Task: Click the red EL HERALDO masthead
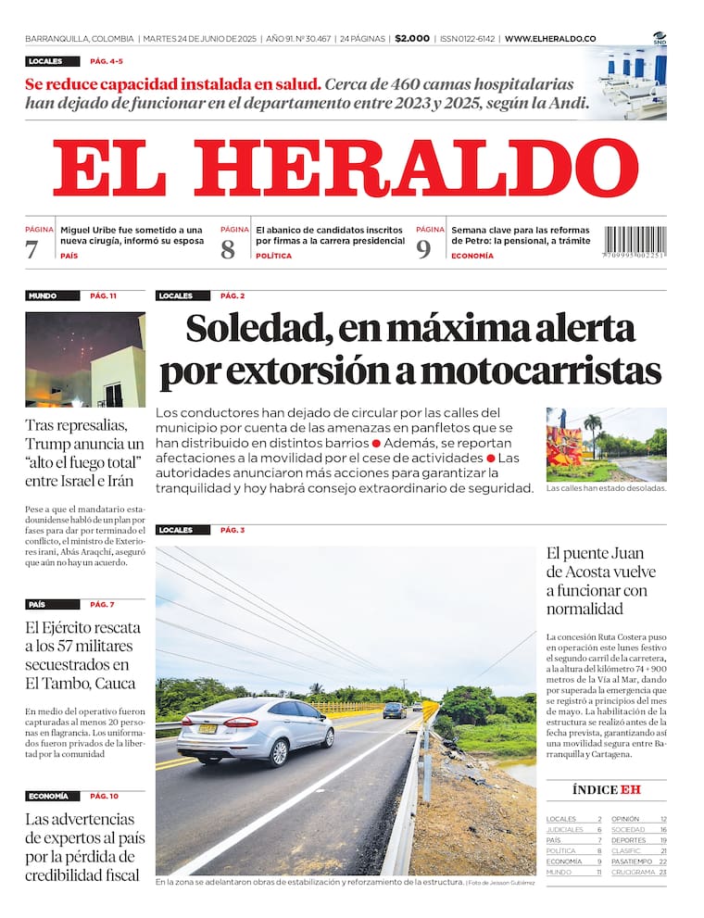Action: [x=345, y=169]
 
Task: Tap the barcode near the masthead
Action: [x=635, y=243]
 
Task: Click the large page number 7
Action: [x=32, y=249]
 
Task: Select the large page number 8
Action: [x=228, y=249]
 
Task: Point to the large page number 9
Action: [x=423, y=249]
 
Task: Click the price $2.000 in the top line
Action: [x=412, y=39]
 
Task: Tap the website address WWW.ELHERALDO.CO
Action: [x=550, y=39]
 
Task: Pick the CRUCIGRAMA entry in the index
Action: [x=634, y=872]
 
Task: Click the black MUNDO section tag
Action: [x=43, y=296]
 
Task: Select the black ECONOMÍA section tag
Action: [x=48, y=796]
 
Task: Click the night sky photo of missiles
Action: [x=85, y=359]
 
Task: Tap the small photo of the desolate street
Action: [x=606, y=445]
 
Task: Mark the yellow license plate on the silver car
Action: [x=208, y=728]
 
